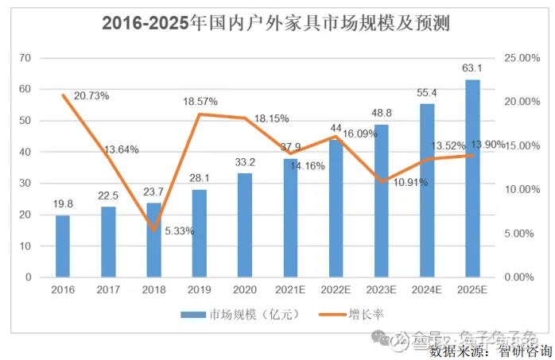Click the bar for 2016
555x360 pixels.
[62, 246]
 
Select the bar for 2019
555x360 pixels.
[199, 234]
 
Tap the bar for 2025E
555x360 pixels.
[472, 179]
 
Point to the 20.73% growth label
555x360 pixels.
[91, 95]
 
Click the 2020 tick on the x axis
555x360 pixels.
[244, 290]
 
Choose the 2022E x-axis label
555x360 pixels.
[336, 290]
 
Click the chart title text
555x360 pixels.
[276, 23]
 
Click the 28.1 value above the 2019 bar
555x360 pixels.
[199, 178]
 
